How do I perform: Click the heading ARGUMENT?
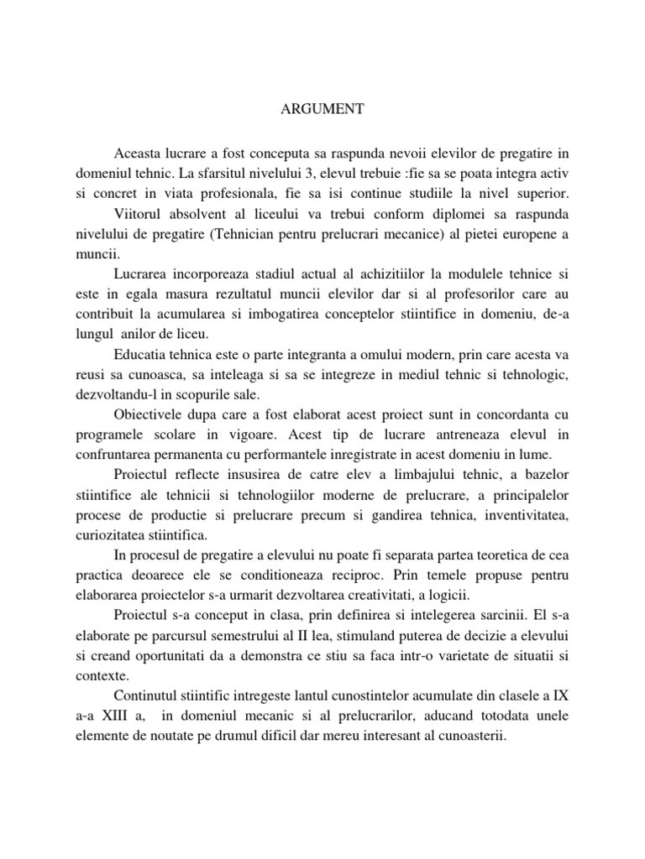tap(322, 108)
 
